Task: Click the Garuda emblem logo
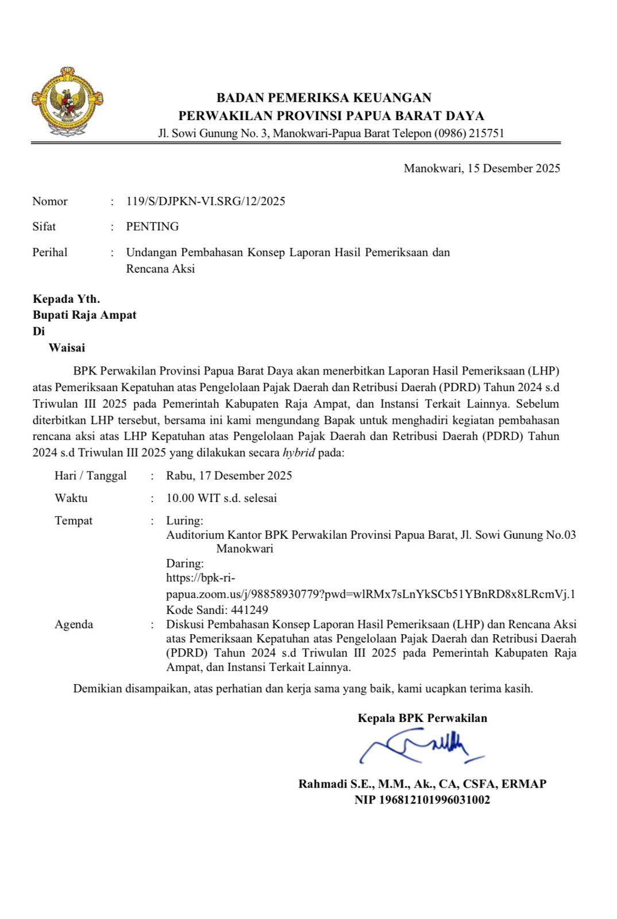[67, 102]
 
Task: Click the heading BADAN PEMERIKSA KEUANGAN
[324, 98]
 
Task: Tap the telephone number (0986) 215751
[469, 133]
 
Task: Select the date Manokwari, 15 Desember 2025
[481, 168]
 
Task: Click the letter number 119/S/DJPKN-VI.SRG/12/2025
[206, 201]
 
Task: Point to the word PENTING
[152, 226]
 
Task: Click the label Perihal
[50, 252]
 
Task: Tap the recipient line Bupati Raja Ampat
[84, 315]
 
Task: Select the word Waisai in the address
[67, 347]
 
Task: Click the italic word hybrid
[299, 453]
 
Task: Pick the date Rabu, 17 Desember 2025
[229, 476]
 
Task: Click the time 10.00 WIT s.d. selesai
[221, 498]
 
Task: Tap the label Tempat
[74, 520]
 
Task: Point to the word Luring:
[184, 520]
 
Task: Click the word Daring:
[185, 563]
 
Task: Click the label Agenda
[74, 624]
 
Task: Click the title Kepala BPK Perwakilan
[422, 718]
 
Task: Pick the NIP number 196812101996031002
[434, 800]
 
